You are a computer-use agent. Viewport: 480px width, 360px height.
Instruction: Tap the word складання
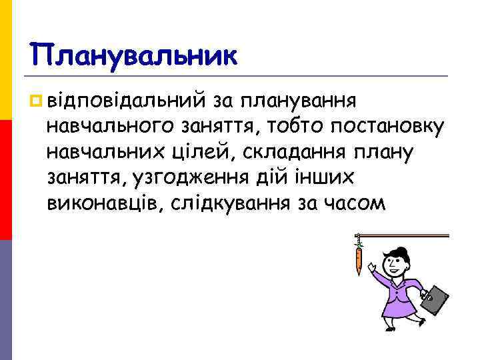(x=289, y=151)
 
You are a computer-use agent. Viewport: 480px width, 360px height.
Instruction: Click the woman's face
(x=398, y=261)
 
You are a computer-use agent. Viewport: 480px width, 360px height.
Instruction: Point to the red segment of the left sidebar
(x=5, y=180)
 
